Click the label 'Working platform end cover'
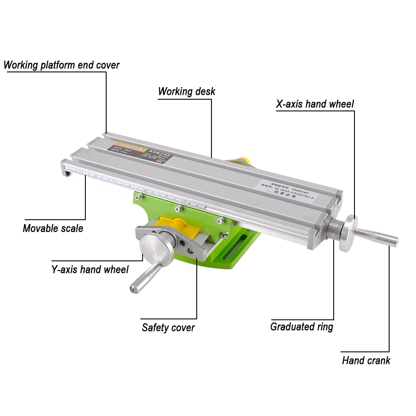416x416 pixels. (x=62, y=65)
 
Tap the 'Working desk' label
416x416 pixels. (x=186, y=91)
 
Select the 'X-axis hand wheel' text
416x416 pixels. (x=315, y=104)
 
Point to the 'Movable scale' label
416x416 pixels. (x=53, y=228)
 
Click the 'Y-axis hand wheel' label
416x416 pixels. (x=90, y=270)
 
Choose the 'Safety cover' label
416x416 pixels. (x=168, y=327)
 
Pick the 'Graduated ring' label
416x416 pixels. (x=302, y=326)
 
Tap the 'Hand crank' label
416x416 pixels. (x=366, y=360)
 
